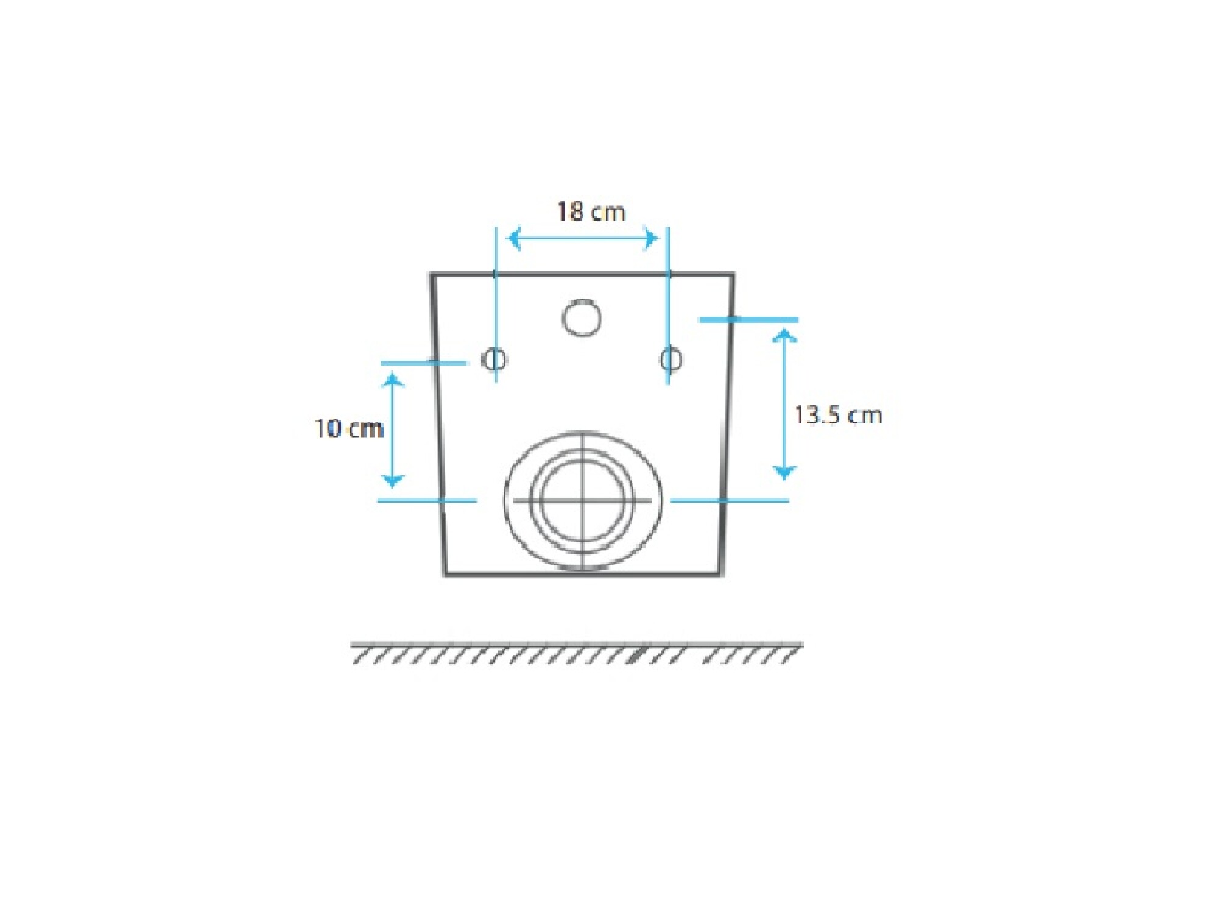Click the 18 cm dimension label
591,211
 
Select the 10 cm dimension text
348,428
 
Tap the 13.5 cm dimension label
838,415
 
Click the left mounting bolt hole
494,359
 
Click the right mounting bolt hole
671,359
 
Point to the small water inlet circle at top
582,317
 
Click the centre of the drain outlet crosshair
583,500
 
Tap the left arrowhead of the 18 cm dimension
513,238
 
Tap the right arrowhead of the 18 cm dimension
652,238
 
